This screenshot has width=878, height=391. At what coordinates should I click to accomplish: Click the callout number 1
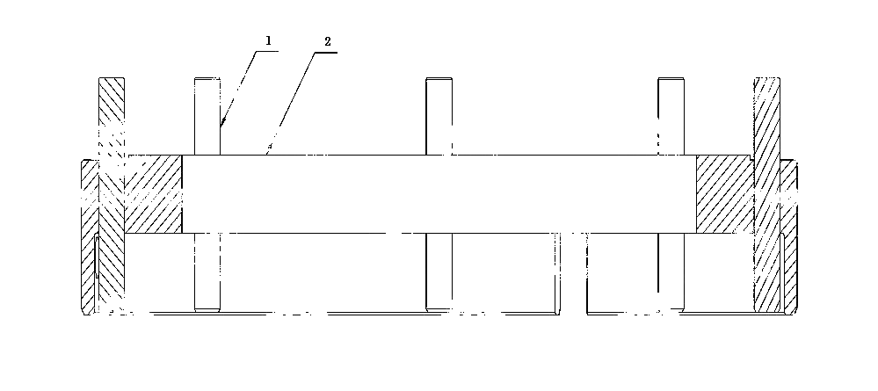coord(268,40)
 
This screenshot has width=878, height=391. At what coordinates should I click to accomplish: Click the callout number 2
coord(328,41)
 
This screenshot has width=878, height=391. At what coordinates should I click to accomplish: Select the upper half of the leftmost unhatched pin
coord(207,116)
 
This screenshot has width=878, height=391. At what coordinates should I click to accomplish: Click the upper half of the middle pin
coord(439,116)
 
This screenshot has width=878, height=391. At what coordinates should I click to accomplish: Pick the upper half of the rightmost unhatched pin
coord(671,116)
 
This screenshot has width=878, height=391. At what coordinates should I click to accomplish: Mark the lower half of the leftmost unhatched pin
coord(207,272)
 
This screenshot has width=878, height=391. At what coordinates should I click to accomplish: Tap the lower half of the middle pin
coord(439,272)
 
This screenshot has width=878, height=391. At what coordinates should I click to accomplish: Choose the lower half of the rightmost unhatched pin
coord(671,272)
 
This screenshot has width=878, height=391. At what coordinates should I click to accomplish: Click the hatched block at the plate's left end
coord(153,194)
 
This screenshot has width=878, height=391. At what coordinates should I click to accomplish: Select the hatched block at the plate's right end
coord(724,194)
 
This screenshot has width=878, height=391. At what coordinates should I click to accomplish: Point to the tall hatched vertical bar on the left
coord(112,195)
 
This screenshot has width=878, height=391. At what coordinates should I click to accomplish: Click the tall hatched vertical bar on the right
coord(766,195)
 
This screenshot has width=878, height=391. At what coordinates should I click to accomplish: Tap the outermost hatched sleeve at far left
coord(89,237)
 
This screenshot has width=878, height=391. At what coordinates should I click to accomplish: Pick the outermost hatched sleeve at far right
coord(789,237)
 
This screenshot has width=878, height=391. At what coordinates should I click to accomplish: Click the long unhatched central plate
coord(439,194)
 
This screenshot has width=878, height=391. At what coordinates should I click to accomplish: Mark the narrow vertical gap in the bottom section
coord(573,272)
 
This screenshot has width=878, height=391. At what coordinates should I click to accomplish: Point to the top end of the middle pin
coord(439,78)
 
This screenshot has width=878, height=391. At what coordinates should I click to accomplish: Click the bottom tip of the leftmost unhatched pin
coord(207,311)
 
